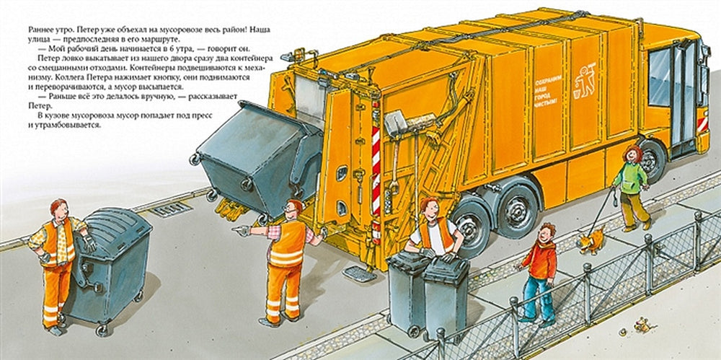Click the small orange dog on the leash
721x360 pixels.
pyautogui.click(x=591, y=242)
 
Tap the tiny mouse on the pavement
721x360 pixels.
pyautogui.click(x=643, y=325)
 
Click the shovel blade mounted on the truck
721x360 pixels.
pyautogui.click(x=394, y=124)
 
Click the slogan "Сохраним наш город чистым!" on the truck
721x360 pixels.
pyautogui.click(x=546, y=92)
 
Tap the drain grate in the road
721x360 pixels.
pyautogui.click(x=171, y=209)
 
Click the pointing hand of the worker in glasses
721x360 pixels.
pyautogui.click(x=241, y=229)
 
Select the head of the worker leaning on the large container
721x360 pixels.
pyautogui.click(x=59, y=210)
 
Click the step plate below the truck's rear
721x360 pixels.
pyautogui.click(x=359, y=273)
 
